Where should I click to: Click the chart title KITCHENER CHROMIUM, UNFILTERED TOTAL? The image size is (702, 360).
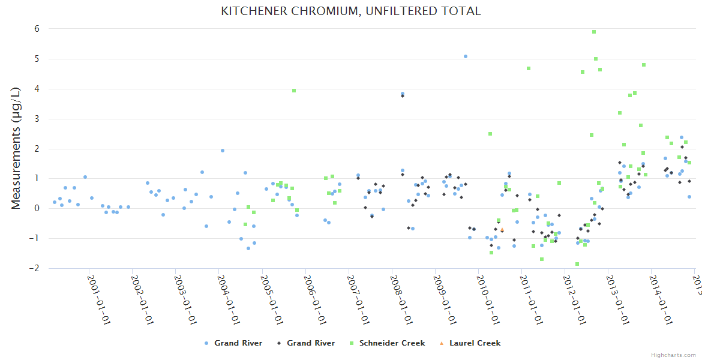351,11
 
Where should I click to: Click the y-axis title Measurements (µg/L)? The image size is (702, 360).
16,148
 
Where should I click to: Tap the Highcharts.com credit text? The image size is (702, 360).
674,355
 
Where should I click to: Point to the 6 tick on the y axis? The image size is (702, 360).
37,29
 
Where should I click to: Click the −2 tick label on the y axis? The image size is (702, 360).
35,268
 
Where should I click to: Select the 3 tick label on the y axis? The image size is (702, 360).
37,119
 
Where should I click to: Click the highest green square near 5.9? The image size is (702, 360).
594,32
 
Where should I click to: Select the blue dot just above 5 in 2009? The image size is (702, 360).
466,56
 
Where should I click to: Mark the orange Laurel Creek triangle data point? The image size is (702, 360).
502,230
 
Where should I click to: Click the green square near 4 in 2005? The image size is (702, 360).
294,91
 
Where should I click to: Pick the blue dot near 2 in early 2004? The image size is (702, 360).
223,151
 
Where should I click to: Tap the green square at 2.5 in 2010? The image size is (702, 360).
490,134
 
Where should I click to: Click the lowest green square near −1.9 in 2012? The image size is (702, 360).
577,264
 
